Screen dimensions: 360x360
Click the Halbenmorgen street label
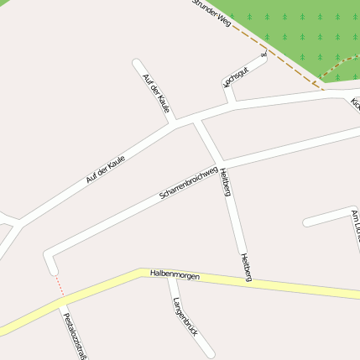[x=175, y=274]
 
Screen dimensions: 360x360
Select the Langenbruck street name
[x=185, y=316]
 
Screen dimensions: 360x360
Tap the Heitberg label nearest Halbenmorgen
[x=246, y=266]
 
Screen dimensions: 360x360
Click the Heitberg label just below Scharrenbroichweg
[x=226, y=181]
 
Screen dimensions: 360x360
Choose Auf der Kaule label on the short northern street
[x=156, y=92]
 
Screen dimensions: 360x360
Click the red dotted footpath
[x=60, y=285]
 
